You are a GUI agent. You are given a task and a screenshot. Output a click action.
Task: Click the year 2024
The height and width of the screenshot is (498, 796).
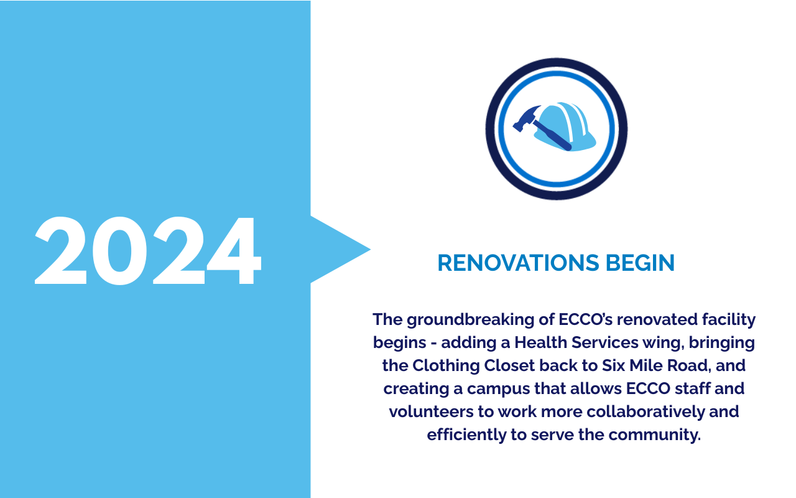pos(148,251)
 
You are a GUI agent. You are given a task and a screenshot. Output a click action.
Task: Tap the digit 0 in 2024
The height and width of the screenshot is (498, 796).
pos(119,251)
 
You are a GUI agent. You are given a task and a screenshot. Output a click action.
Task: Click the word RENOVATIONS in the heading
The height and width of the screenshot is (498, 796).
pos(518,263)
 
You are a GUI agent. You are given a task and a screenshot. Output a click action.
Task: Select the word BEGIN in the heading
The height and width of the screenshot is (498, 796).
pos(640,263)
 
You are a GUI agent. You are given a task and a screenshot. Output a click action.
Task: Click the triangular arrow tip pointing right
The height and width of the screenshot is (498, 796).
pos(370,250)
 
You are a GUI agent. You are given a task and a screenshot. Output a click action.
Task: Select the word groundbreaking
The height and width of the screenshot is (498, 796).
pos(471,320)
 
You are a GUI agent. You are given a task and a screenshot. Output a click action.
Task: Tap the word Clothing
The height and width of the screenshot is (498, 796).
pos(446,366)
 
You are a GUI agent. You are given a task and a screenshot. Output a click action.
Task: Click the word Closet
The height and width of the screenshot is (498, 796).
pos(510,365)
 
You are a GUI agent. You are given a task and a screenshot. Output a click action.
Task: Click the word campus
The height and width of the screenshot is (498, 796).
pos(498,389)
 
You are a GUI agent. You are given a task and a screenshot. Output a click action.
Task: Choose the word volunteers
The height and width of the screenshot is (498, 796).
pos(432,412)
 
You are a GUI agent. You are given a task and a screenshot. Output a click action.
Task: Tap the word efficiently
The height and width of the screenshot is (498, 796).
pos(466,435)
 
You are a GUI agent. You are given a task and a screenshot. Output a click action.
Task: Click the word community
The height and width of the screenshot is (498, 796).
pos(655,435)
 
